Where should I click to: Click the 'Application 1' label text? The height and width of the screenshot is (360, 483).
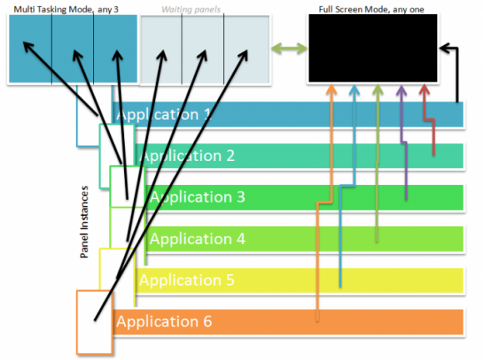164,115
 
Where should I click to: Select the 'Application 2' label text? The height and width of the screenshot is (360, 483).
187,156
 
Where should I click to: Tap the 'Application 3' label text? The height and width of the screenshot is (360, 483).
197,197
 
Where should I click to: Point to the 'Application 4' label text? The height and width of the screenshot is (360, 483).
197,239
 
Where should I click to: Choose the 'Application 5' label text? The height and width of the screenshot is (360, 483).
187,281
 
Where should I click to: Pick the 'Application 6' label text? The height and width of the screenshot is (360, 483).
164,322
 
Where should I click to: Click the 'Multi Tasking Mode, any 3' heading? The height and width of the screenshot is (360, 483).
66,9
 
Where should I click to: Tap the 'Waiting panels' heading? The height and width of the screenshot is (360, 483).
191,9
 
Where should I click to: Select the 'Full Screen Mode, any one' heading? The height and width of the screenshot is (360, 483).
371,9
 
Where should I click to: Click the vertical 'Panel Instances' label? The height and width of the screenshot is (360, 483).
84,222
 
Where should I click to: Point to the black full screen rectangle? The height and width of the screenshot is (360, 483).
373,48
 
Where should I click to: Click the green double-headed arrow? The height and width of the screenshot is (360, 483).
289,48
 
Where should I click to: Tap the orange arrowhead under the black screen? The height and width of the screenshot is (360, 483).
331,89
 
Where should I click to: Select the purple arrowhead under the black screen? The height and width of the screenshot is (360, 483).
401,90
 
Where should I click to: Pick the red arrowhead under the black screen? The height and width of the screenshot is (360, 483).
425,90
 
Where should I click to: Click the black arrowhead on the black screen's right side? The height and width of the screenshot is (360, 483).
444,48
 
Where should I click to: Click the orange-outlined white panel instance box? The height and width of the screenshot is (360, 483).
95,322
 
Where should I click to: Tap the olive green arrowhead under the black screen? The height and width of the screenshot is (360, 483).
377,89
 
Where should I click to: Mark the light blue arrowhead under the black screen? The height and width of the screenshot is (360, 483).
355,90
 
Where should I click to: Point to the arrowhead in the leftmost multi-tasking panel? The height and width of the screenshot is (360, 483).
28,47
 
